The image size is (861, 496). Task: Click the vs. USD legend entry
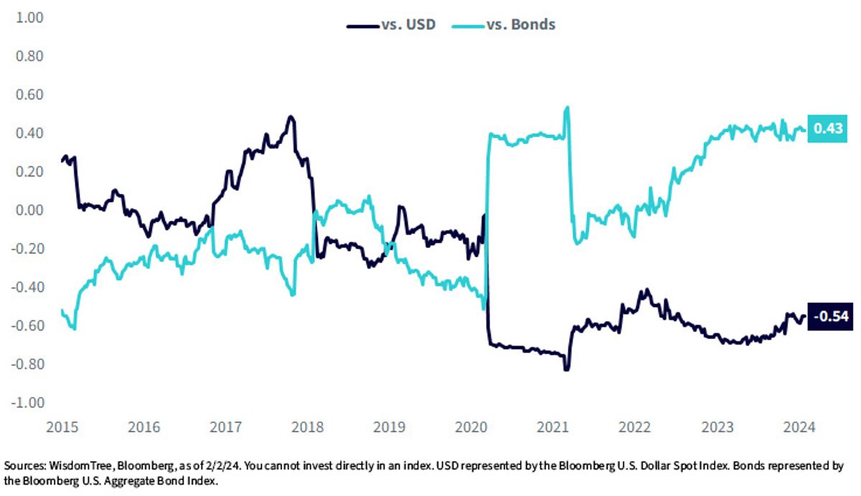click(391, 24)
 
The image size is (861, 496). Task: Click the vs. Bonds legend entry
click(504, 24)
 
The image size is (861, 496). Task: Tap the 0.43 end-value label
click(827, 128)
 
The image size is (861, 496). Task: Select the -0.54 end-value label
click(830, 316)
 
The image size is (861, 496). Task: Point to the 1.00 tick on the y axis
click(29, 18)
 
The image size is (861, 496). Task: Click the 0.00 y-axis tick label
click(29, 210)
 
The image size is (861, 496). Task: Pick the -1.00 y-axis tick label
click(28, 403)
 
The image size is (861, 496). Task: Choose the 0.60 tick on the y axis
click(29, 95)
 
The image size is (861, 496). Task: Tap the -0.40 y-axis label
click(28, 287)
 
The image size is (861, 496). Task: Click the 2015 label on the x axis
click(62, 427)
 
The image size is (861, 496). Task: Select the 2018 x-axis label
click(308, 427)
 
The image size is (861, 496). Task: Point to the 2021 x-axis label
click(552, 427)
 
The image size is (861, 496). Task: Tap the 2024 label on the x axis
click(799, 427)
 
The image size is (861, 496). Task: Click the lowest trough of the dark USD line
click(567, 369)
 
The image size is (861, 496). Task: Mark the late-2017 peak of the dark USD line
click(291, 116)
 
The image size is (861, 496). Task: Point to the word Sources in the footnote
click(25, 466)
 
